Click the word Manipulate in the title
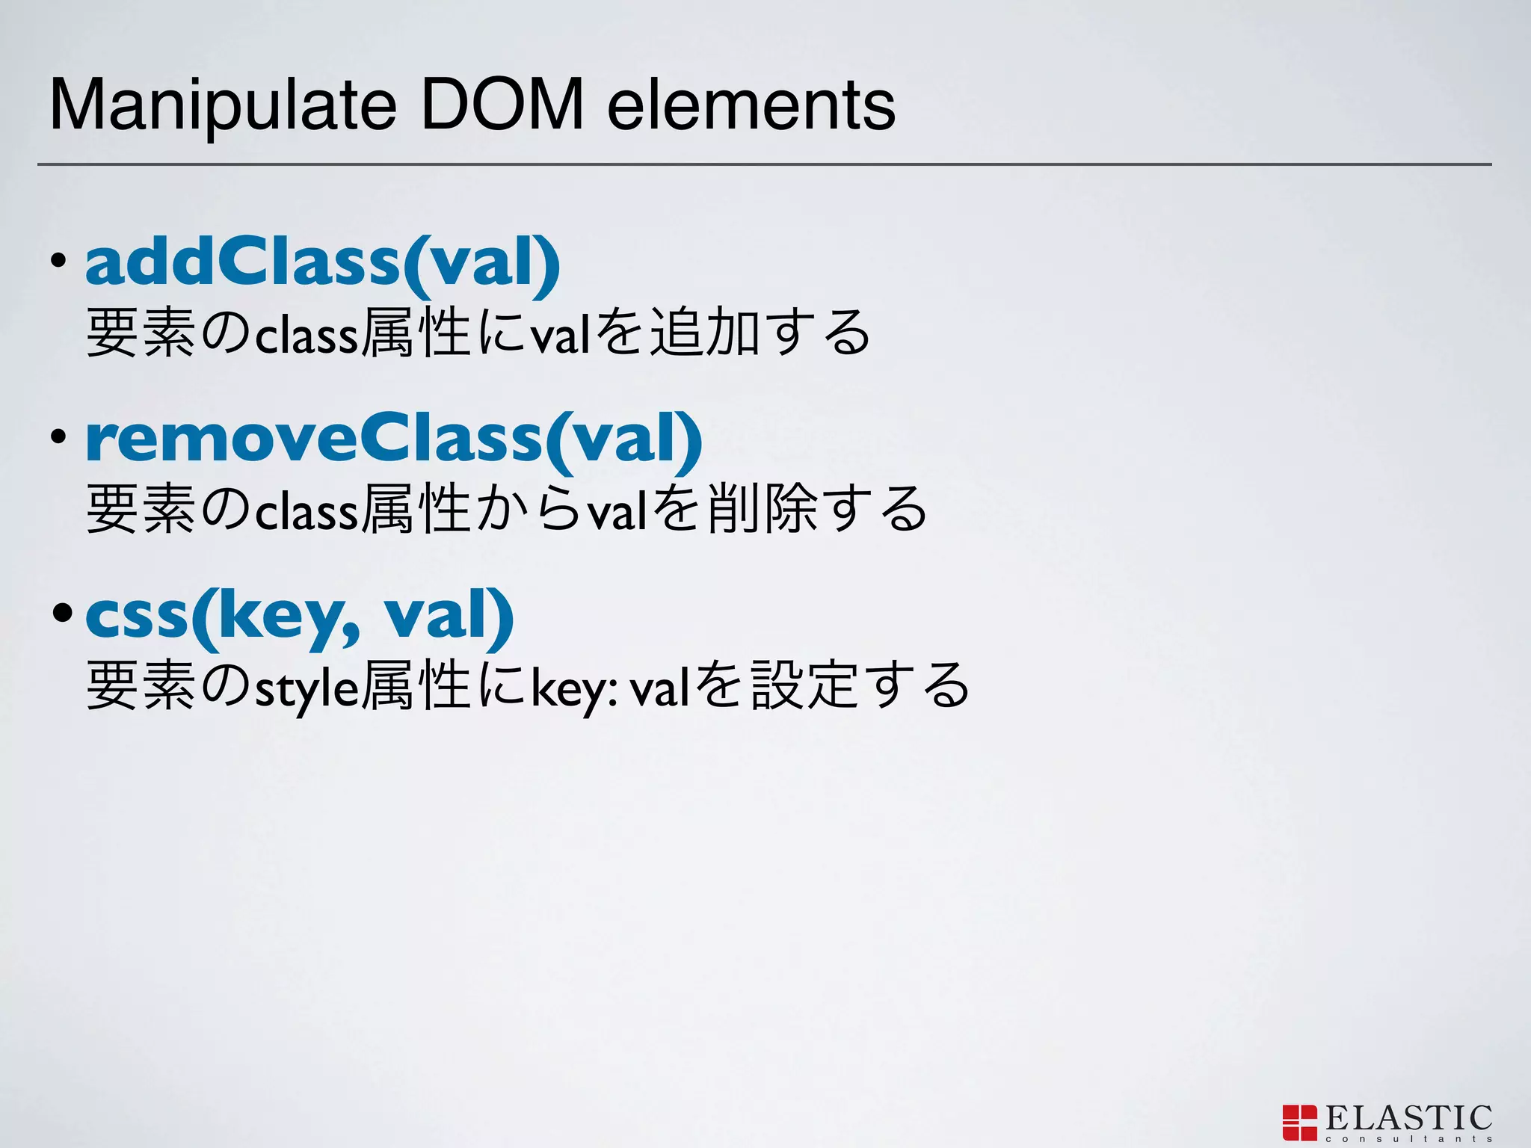click(222, 106)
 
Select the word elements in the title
click(751, 106)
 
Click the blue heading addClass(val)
click(322, 261)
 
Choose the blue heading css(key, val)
click(300, 615)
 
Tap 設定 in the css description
click(804, 687)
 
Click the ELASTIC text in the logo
click(1408, 1118)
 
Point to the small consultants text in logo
click(1408, 1139)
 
